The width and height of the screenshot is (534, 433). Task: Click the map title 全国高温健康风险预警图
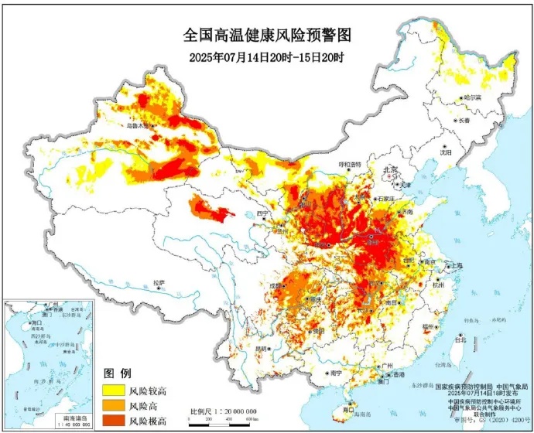coord(267,35)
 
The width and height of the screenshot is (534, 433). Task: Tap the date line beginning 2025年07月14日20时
coord(267,57)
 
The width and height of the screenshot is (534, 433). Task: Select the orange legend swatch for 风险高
coord(111,405)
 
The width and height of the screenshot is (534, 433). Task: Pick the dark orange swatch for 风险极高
coord(111,420)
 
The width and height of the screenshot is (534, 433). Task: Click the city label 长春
coord(464,121)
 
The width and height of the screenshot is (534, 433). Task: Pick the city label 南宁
coord(335,373)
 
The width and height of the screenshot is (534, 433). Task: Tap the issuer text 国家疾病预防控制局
coord(459,385)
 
